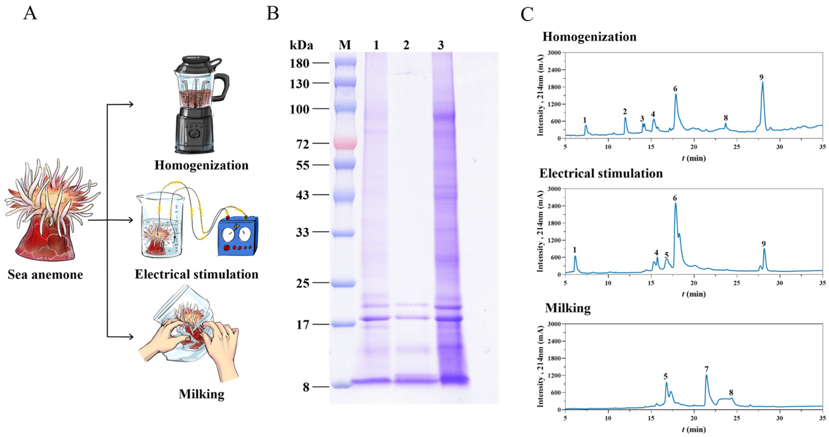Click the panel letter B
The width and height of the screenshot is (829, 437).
pyautogui.click(x=273, y=14)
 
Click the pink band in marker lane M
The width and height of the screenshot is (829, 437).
pyautogui.click(x=345, y=142)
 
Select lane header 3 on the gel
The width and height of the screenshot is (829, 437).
pyautogui.click(x=441, y=45)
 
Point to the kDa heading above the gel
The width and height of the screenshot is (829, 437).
pyautogui.click(x=301, y=45)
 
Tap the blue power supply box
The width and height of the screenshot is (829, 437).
pyautogui.click(x=238, y=236)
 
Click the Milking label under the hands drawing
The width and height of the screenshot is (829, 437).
pyautogui.click(x=201, y=394)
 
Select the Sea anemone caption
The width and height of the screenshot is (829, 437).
pyautogui.click(x=45, y=275)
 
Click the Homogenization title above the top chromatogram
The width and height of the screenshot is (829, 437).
pyautogui.click(x=589, y=37)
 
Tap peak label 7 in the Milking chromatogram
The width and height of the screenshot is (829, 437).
pyautogui.click(x=706, y=369)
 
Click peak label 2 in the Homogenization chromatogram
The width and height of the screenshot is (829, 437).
pyautogui.click(x=625, y=112)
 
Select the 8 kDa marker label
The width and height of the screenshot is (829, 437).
pyautogui.click(x=306, y=387)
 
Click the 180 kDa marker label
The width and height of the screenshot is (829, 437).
pyautogui.click(x=299, y=63)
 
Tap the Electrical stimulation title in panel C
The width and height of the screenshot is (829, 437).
pyautogui.click(x=601, y=173)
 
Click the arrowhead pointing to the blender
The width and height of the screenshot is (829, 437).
pyautogui.click(x=131, y=104)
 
